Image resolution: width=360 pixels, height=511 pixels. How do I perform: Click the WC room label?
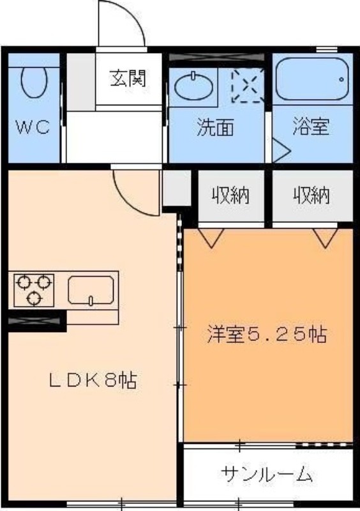click(33, 126)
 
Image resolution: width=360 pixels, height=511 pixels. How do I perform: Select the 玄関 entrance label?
click(128, 78)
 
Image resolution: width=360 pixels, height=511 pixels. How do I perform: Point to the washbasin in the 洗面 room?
click(194, 86)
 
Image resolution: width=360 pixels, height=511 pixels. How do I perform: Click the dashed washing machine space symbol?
click(248, 86)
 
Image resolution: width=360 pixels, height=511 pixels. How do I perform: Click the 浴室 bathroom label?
click(311, 126)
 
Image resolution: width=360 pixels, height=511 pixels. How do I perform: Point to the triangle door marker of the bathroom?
click(280, 151)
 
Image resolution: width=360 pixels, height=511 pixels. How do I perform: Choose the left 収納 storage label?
click(230, 195)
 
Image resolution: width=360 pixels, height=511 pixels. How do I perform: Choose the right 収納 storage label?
click(312, 195)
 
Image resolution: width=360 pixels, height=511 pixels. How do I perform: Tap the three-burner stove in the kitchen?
click(34, 290)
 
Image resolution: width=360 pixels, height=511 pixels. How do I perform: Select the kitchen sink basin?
click(91, 291)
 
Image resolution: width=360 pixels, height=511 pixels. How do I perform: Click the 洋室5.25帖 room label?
click(267, 334)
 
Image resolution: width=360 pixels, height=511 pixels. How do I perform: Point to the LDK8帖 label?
click(93, 380)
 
